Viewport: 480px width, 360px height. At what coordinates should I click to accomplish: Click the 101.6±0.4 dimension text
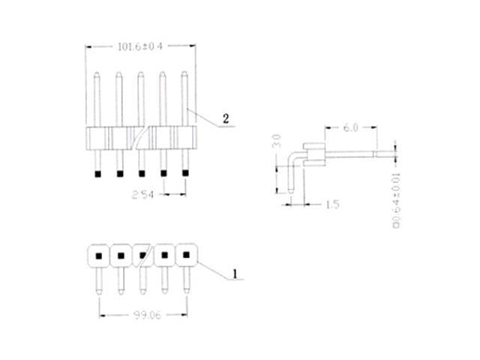(x=141, y=46)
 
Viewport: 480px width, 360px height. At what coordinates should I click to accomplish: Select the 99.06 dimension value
(x=141, y=316)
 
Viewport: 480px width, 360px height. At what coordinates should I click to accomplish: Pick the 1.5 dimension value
(x=333, y=204)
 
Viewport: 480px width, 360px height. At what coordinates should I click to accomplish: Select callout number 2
(x=226, y=119)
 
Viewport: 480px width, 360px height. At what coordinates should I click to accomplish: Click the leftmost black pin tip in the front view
(x=97, y=174)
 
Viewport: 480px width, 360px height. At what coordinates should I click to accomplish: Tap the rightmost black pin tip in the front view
(x=185, y=174)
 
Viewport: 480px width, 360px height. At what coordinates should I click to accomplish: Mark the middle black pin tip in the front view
(x=142, y=174)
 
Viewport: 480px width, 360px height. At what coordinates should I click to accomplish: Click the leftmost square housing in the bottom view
(x=97, y=255)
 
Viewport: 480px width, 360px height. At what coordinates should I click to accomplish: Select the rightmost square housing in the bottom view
(x=185, y=255)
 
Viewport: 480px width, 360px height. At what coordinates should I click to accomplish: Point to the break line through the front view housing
(x=142, y=138)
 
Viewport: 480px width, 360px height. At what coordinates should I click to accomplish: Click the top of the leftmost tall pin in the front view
(x=97, y=74)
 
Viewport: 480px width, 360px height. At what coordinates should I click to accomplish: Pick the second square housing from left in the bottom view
(x=120, y=255)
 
